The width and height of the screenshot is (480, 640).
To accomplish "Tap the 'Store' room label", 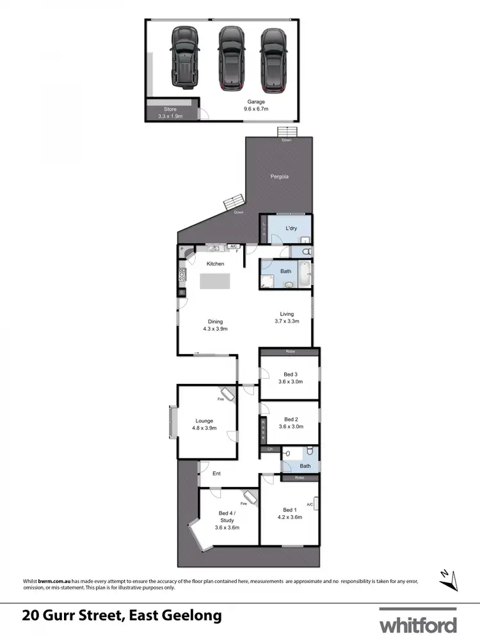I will [x=170, y=109].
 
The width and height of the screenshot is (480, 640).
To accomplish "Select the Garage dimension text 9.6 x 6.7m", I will [x=256, y=109].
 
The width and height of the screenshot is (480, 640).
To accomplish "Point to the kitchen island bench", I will [x=214, y=282].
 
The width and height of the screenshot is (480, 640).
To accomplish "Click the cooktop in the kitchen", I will [x=182, y=275].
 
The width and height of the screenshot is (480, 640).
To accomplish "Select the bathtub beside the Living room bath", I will [x=305, y=273].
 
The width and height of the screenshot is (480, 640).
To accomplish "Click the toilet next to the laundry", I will [x=305, y=251].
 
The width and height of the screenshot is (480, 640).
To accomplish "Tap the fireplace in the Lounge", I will [x=227, y=394].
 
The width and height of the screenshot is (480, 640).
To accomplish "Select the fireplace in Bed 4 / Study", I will [x=248, y=497].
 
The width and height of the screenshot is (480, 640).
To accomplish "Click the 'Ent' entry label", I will [x=216, y=474].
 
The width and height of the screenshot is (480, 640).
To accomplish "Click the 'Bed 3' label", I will [x=291, y=374].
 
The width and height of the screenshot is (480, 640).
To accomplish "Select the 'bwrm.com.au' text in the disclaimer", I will [x=48, y=580].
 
